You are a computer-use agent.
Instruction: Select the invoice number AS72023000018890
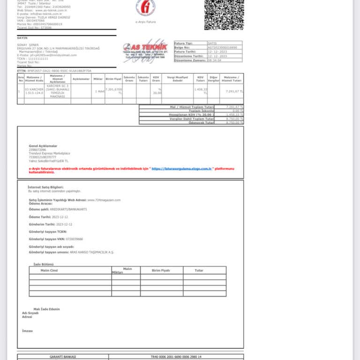coord(223,47)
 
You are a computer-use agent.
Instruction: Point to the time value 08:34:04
coord(214,60)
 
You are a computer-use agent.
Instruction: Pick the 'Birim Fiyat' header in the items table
coord(113,79)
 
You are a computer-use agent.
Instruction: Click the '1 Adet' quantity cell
coord(99,91)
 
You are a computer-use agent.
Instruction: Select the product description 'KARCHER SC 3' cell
coord(57,91)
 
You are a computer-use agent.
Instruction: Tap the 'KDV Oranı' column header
coord(156,79)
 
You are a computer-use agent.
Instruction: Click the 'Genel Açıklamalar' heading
coord(43,146)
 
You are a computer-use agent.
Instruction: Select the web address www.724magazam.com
coord(104,200)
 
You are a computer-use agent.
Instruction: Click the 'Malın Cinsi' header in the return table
coord(49,270)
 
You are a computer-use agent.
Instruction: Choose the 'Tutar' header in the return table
coord(199,270)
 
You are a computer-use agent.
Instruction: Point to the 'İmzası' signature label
coord(27,330)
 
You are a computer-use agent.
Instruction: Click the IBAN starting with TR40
coord(176,357)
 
